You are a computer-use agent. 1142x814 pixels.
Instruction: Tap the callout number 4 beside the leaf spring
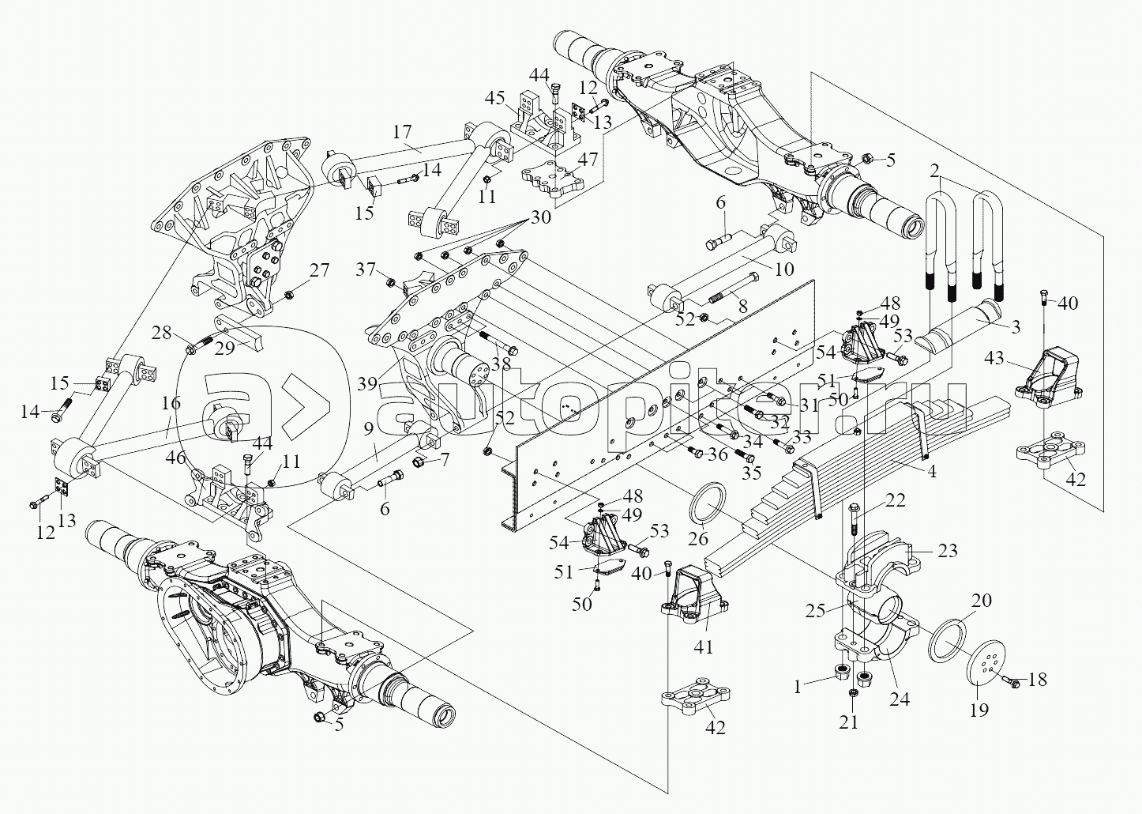point(932,474)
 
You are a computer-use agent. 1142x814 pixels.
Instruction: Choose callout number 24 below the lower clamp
point(900,699)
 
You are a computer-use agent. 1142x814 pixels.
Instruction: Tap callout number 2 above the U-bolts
point(934,171)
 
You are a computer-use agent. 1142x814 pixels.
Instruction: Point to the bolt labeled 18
point(1010,680)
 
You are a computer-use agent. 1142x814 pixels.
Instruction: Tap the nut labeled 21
point(852,694)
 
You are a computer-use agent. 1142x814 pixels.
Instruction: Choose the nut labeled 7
point(419,460)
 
